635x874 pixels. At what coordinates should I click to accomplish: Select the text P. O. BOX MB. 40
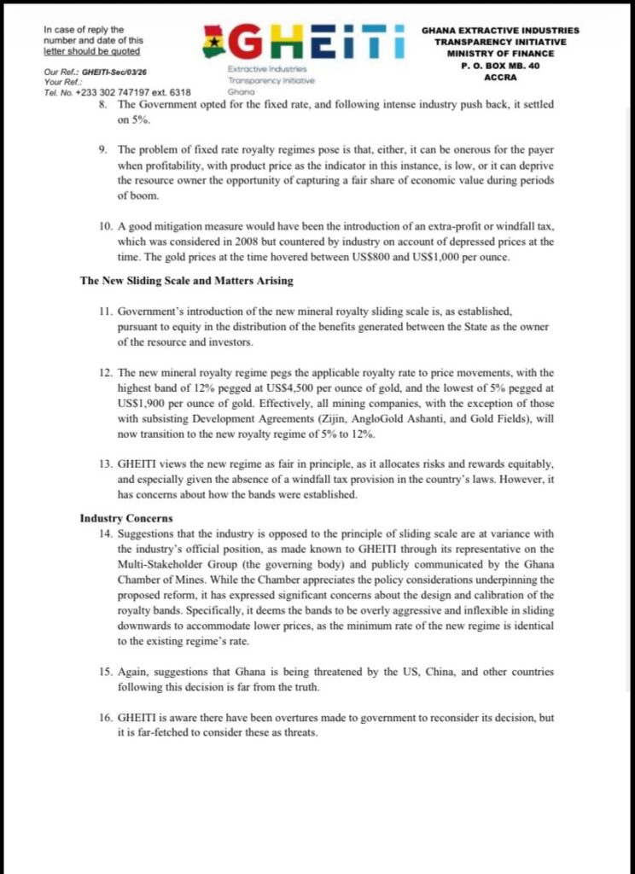pyautogui.click(x=499, y=65)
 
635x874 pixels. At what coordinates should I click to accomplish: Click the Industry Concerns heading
pyautogui.click(x=125, y=518)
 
